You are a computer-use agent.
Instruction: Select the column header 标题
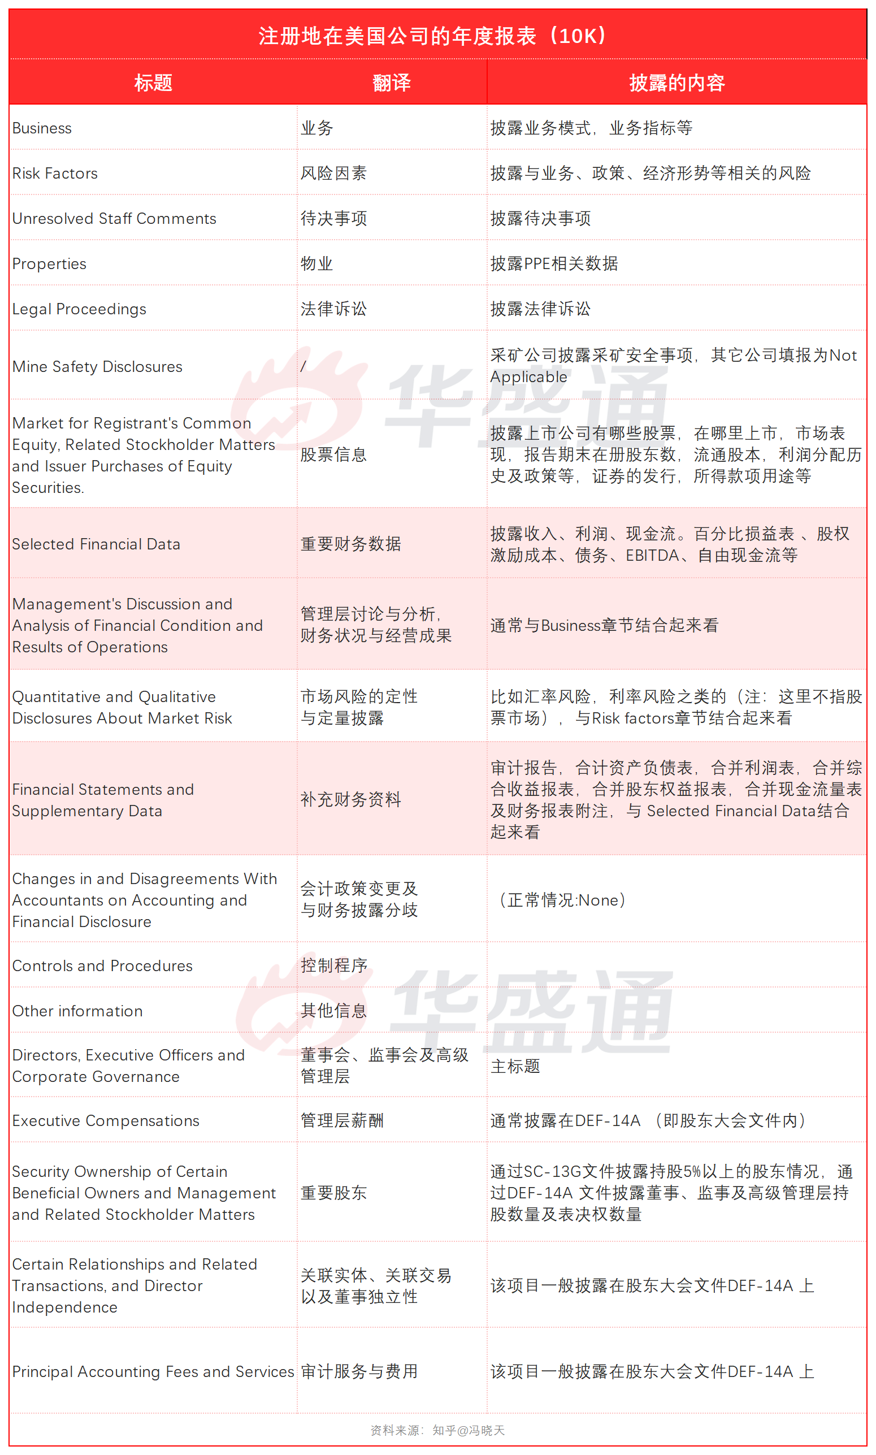point(153,83)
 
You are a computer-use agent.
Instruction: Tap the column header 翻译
point(391,83)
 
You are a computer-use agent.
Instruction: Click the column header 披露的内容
point(676,83)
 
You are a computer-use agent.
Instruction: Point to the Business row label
point(42,128)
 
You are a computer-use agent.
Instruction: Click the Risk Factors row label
point(55,174)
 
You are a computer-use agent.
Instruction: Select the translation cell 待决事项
point(333,218)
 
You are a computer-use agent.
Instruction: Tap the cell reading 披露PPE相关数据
point(554,264)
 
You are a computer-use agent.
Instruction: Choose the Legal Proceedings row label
point(79,309)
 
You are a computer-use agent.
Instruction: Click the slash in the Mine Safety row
point(303,366)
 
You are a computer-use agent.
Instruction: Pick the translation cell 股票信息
point(333,454)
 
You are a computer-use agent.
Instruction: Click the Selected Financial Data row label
point(96,544)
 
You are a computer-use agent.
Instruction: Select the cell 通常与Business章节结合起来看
point(604,625)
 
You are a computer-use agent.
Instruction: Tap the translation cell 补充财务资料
point(350,799)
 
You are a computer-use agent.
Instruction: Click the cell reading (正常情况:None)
point(562,900)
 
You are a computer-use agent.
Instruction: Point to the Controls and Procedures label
point(102,965)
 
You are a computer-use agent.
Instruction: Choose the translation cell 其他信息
point(333,1011)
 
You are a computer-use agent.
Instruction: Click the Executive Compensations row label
point(106,1121)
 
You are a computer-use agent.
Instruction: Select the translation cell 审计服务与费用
point(359,1371)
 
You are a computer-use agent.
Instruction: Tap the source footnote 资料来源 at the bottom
point(437,1430)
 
